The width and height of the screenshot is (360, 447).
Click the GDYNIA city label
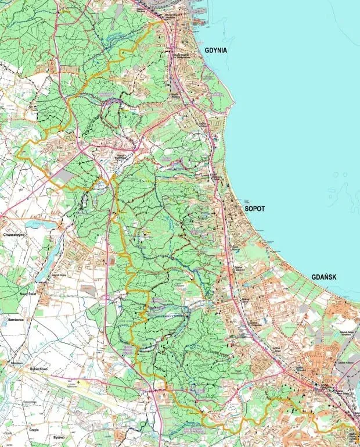point(215,51)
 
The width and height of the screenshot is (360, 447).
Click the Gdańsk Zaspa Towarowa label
point(347,333)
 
